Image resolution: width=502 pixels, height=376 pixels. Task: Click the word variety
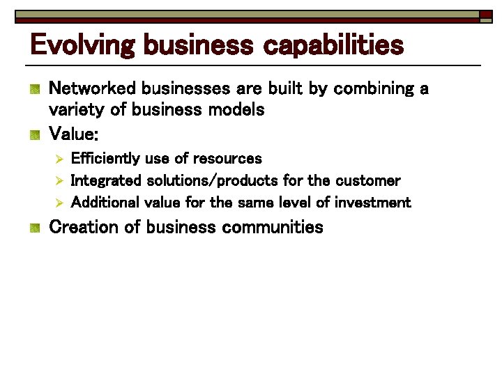74,110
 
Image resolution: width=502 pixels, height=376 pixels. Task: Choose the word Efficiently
105,159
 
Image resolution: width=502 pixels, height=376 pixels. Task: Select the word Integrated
107,181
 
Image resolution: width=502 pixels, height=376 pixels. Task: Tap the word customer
367,181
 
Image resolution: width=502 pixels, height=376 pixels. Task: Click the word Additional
105,203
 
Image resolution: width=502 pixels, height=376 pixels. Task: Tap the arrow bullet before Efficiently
59,159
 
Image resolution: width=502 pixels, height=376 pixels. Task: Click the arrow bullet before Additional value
59,203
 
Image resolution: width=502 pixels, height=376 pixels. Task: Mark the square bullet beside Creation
34,227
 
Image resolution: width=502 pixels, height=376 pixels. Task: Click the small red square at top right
485,15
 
